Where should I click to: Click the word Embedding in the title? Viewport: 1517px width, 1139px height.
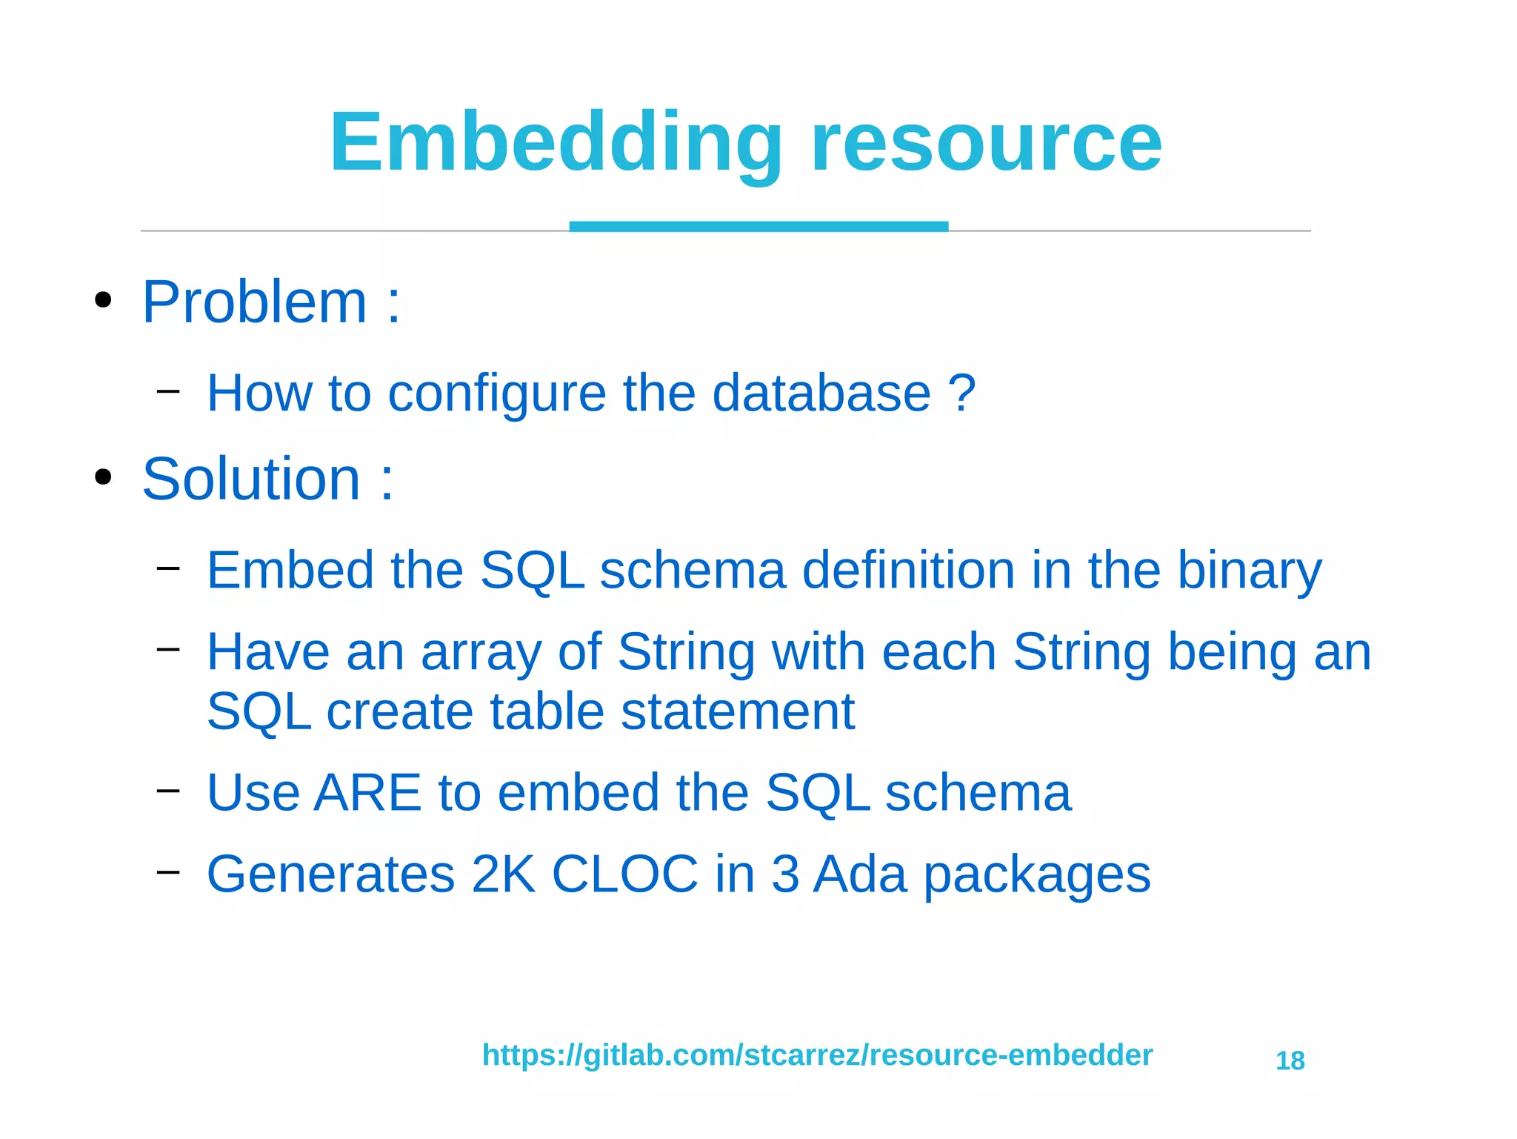556,142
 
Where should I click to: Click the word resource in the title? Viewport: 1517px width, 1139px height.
986,142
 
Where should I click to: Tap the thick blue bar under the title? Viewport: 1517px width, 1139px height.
758,226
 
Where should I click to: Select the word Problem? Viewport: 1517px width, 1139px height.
254,302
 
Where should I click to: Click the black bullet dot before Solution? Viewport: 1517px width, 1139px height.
103,478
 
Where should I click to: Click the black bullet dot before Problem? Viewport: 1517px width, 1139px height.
103,301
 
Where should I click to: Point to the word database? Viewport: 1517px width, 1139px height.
821,393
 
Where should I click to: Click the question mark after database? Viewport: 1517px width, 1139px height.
961,393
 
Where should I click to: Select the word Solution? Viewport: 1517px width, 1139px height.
250,479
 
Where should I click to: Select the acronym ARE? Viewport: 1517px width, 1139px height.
367,793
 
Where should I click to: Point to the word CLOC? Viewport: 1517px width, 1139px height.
624,874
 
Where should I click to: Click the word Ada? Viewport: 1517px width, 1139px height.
860,874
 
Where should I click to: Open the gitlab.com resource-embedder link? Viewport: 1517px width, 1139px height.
817,1055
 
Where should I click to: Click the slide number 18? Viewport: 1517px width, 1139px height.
1290,1061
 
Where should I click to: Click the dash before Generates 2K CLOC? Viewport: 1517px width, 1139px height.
168,871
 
